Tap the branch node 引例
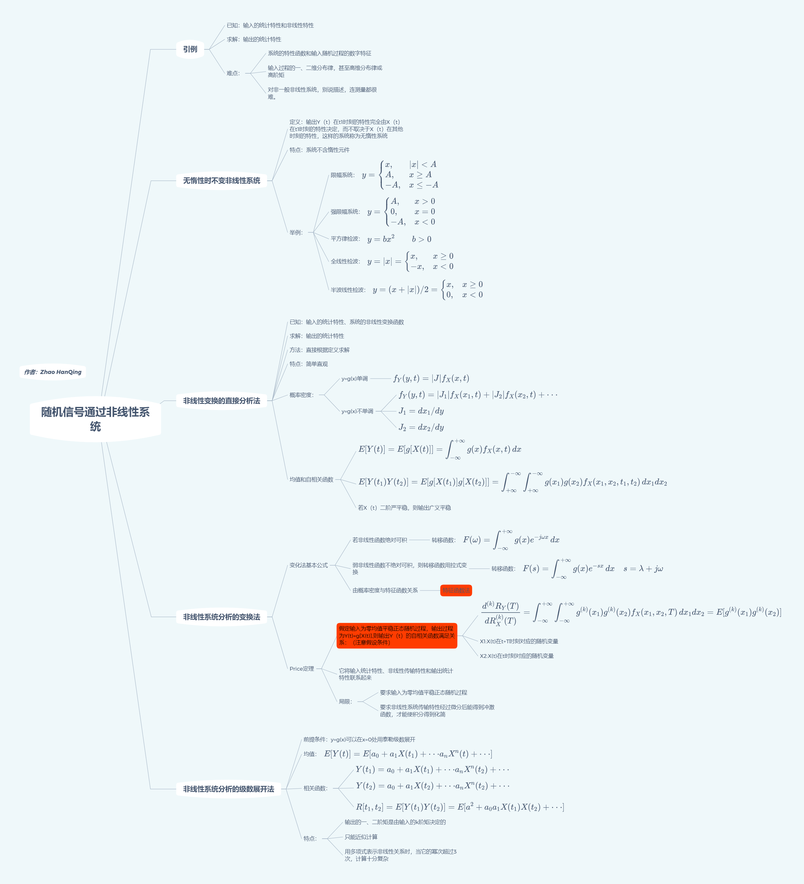point(190,49)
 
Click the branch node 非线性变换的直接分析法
point(222,401)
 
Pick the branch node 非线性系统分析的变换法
point(222,617)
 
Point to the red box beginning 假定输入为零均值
point(396,636)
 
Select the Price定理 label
point(302,669)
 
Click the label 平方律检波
point(345,239)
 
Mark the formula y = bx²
point(381,239)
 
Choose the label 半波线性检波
point(348,290)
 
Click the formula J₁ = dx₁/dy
point(421,411)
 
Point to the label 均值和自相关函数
point(311,480)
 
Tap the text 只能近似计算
point(361,837)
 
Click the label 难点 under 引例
point(233,73)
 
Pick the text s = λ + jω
point(643,569)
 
